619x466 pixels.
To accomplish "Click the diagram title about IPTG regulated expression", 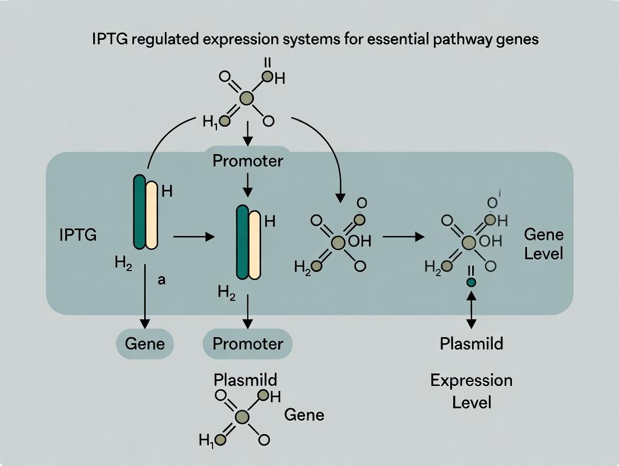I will coord(309,40).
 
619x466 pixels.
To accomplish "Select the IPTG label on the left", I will coord(78,235).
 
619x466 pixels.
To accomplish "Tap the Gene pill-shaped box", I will coord(145,343).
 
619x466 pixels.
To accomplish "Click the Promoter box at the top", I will coord(248,161).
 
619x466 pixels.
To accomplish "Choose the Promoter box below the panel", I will coord(248,343).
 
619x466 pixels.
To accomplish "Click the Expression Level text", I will coord(472,391).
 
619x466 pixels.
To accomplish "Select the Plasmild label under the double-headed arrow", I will coord(472,343).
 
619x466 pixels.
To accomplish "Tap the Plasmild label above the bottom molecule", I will coord(246,380).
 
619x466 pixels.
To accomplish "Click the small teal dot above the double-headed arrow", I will coord(472,282).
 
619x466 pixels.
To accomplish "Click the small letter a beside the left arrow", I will coord(161,281).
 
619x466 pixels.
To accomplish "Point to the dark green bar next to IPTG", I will coord(139,212).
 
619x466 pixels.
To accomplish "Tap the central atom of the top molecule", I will coord(247,99).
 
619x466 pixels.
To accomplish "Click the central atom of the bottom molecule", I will coord(242,417).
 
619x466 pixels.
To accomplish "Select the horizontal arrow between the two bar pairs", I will coord(194,237).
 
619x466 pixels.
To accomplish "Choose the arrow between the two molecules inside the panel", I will coord(403,237).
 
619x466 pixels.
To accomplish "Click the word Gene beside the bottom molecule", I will coord(304,415).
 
